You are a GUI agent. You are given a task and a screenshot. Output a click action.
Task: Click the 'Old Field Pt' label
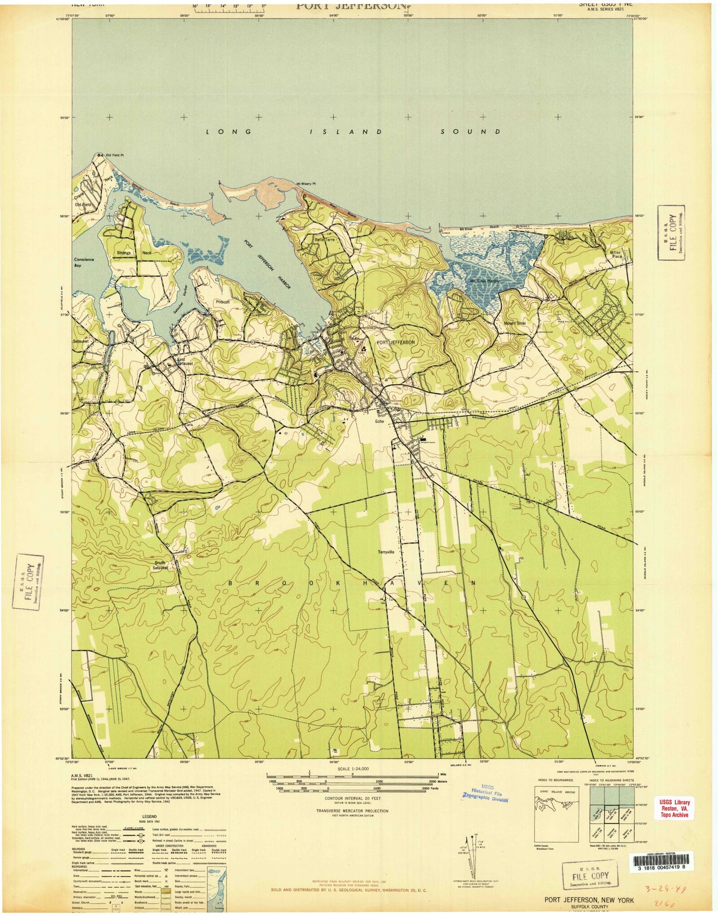coord(114,156)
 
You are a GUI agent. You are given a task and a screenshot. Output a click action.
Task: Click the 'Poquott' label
coord(222,302)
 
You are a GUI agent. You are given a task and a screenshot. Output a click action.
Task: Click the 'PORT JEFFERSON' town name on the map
coord(395,342)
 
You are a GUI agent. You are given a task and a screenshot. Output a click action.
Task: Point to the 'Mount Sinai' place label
coord(515,324)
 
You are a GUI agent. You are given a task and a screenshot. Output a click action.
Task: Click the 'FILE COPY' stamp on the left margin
coord(28,582)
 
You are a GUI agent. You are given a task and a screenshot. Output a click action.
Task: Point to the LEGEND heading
coord(150,831)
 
